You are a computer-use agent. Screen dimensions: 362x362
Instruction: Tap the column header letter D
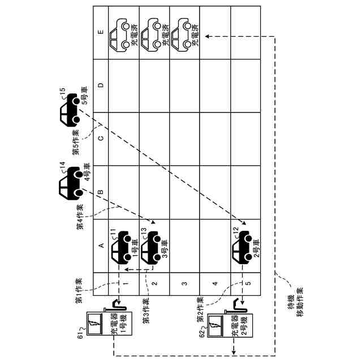coord(100,86)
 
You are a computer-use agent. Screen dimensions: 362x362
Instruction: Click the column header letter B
coord(100,192)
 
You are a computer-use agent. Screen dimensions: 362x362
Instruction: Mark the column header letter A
coord(100,245)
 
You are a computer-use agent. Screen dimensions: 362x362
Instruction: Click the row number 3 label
coord(183,283)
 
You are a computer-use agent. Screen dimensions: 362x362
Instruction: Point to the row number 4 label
coord(214,283)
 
